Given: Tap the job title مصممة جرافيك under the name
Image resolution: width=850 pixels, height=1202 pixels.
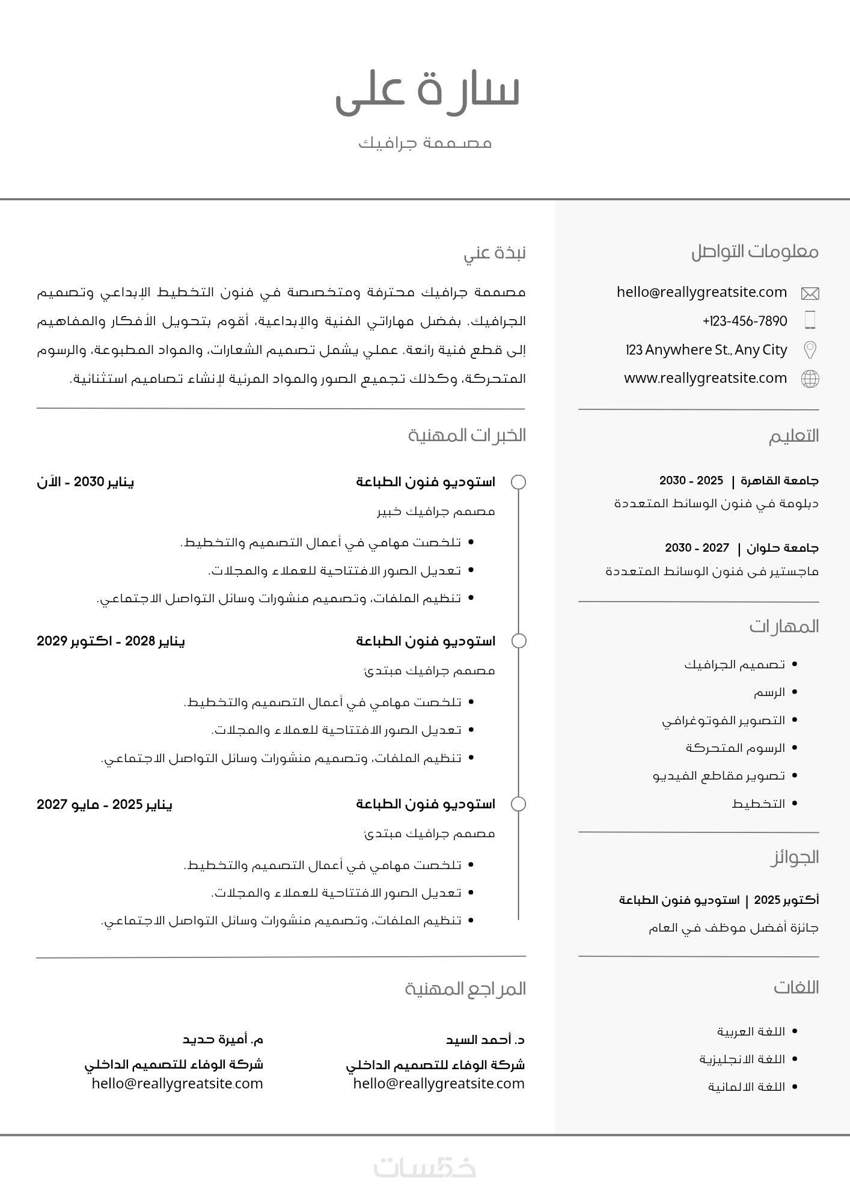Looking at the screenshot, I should coord(425,143).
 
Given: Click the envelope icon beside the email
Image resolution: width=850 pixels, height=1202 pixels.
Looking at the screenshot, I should coord(810,293).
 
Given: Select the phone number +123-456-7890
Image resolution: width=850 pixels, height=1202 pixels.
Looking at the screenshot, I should coord(745,321).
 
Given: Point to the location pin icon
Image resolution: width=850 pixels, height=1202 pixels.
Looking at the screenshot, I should coord(810,350).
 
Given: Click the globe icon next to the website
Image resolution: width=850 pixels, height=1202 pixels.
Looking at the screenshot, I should coord(810,379).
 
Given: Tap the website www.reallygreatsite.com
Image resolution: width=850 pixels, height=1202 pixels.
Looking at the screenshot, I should coord(705,378).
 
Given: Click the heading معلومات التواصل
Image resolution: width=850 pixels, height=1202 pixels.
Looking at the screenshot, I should coord(754,251).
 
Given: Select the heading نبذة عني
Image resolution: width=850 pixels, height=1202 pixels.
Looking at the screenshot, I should coord(494,252).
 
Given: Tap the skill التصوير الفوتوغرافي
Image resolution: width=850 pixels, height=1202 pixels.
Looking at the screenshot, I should coord(724,720).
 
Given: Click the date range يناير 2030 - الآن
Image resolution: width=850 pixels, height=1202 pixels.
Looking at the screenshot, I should coord(85,482).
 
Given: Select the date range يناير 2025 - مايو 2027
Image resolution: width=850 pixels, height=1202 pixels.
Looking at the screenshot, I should coord(105,804).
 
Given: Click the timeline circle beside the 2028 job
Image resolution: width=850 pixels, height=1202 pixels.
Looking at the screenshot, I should coord(518,641).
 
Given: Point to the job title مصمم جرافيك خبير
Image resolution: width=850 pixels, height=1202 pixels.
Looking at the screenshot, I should coord(436,511).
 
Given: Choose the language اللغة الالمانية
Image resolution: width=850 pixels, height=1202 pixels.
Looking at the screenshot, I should coord(747,1087).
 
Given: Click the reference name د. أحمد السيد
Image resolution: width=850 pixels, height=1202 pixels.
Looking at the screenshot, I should coord(485,1040).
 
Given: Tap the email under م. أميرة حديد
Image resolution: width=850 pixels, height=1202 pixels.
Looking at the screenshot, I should coord(177,1084).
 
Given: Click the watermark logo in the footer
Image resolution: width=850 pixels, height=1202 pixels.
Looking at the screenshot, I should coord(425,1167).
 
